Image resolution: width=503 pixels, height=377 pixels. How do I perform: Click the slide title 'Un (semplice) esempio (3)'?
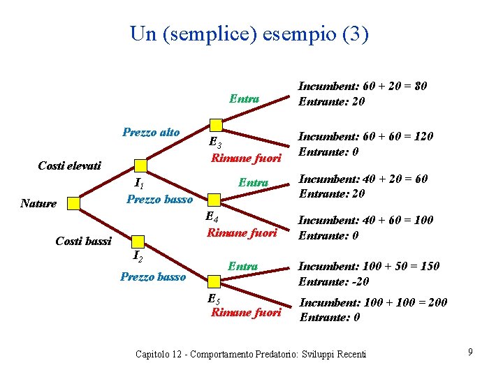pyautogui.click(x=249, y=34)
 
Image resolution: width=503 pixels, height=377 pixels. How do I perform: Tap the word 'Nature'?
pyautogui.click(x=38, y=203)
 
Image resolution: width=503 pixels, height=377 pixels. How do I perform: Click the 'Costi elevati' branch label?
pyautogui.click(x=69, y=165)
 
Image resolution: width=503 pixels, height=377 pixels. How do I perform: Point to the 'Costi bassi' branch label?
pyautogui.click(x=83, y=241)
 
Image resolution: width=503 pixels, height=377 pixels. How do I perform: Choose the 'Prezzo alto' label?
pyautogui.click(x=151, y=132)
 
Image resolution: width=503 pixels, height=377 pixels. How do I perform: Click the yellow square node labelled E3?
pyautogui.click(x=216, y=126)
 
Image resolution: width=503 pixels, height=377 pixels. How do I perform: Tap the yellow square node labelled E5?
pyautogui.click(x=216, y=281)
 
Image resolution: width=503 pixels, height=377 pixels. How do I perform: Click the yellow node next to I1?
pyautogui.click(x=140, y=165)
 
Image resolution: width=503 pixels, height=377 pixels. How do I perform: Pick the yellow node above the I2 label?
pyautogui.click(x=140, y=242)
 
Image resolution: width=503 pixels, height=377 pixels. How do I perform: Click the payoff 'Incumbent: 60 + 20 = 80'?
pyautogui.click(x=363, y=86)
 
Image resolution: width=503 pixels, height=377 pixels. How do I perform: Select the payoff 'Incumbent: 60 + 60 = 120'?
pyautogui.click(x=365, y=136)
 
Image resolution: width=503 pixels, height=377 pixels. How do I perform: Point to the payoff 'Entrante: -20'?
pyautogui.click(x=333, y=281)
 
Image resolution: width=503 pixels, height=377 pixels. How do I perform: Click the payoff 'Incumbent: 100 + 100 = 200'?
pyautogui.click(x=374, y=302)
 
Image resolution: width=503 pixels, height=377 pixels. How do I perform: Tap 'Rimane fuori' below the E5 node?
pyautogui.click(x=246, y=312)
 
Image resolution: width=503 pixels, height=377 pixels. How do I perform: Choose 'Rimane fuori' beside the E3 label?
pyautogui.click(x=246, y=158)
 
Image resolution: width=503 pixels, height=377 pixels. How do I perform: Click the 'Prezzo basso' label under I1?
pyautogui.click(x=159, y=200)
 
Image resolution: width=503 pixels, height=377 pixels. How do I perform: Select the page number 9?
pyautogui.click(x=471, y=352)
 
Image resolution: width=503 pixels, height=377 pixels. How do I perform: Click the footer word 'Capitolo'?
pyautogui.click(x=154, y=354)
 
